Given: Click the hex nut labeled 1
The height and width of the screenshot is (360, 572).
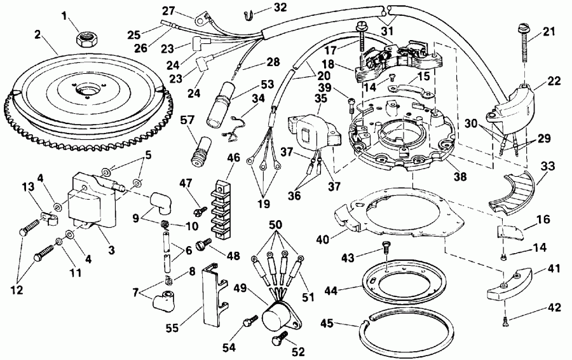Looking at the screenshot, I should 85,39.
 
